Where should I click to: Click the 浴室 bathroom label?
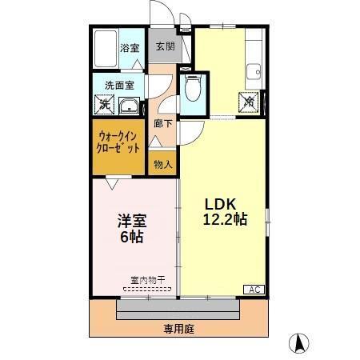130,48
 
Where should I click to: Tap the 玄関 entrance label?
165,47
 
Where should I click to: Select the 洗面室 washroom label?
118,86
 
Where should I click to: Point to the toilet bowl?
191,90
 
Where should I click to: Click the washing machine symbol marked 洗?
103,103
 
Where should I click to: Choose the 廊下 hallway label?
163,124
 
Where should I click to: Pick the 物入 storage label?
162,164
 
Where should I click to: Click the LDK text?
224,202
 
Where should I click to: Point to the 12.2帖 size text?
225,218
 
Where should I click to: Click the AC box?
254,289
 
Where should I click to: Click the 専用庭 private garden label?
180,329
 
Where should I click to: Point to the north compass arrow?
299,342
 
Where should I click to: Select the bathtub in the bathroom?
106,50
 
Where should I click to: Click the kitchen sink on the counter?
255,70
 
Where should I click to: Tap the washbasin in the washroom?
127,104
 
